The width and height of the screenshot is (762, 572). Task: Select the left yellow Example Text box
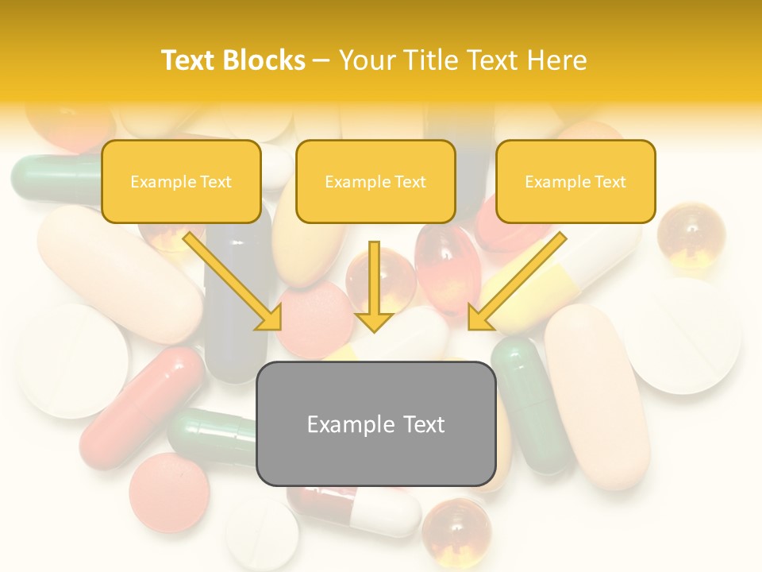tap(181, 181)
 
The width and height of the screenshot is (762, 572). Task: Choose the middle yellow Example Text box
tap(375, 181)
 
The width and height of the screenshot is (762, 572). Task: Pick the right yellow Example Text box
tap(575, 181)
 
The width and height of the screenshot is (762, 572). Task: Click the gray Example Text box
tap(375, 423)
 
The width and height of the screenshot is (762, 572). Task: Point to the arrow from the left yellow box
tap(234, 282)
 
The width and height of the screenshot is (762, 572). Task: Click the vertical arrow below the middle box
tap(374, 286)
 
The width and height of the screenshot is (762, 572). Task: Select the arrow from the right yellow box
tap(516, 282)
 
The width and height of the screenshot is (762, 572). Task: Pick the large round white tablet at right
tap(687, 334)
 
